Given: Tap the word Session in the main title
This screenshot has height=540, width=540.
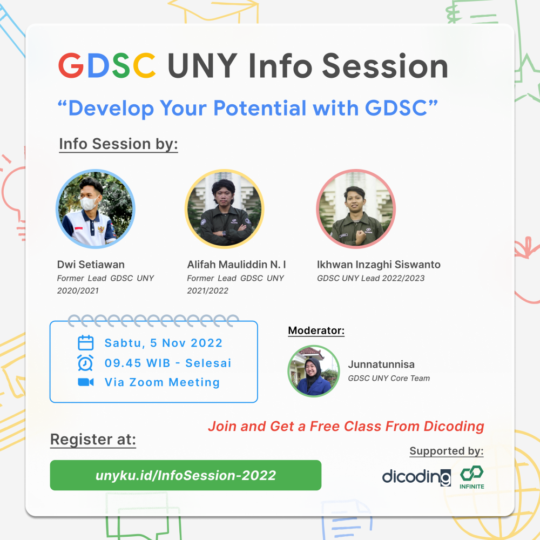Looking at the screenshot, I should point(385,66).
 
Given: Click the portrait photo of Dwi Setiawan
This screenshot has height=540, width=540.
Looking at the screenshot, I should point(96,208).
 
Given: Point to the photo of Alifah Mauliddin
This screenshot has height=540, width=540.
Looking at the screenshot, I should point(224,208).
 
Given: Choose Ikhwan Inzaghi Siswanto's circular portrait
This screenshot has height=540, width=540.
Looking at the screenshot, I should point(356,208).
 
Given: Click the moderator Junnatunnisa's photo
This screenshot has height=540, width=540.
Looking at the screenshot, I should point(314,370).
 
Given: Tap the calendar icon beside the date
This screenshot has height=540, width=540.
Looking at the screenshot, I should point(86,343).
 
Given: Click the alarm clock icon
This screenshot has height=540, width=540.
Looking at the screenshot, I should point(86,363).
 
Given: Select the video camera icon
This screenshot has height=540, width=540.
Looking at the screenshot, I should point(86,382).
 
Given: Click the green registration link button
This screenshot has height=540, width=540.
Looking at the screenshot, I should point(185,475).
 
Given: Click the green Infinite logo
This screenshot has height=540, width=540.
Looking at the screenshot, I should point(472,477).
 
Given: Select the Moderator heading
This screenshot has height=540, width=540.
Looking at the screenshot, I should point(316,330).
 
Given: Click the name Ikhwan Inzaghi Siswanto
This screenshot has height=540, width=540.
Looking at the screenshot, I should point(379,265).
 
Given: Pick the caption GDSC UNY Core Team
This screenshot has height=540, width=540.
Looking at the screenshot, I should point(389,378).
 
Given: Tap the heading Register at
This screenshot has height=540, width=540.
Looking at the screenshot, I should point(93,440).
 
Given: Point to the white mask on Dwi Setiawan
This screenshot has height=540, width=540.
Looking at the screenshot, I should point(89,203).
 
